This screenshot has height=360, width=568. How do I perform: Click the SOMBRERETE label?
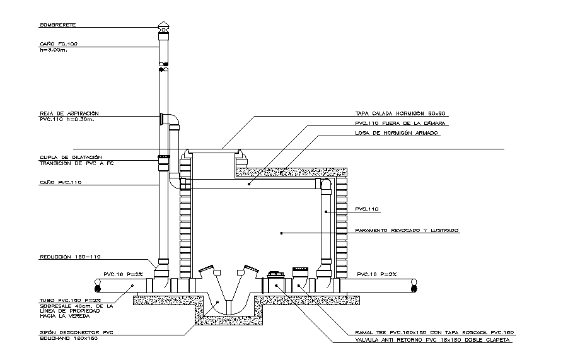click(57, 25)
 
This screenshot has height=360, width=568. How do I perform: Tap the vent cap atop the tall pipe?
click(163, 27)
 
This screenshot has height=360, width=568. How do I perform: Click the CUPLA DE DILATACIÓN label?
click(71, 157)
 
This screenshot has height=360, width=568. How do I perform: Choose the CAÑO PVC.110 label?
click(61, 182)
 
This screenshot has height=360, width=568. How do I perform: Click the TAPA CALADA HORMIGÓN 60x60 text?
click(400, 114)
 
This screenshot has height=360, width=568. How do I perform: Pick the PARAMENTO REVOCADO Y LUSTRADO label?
click(407, 231)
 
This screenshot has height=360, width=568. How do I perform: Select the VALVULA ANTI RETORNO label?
click(432, 340)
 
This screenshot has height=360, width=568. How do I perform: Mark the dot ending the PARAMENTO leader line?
click(281, 233)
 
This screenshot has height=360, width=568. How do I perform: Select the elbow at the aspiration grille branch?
click(172, 120)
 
